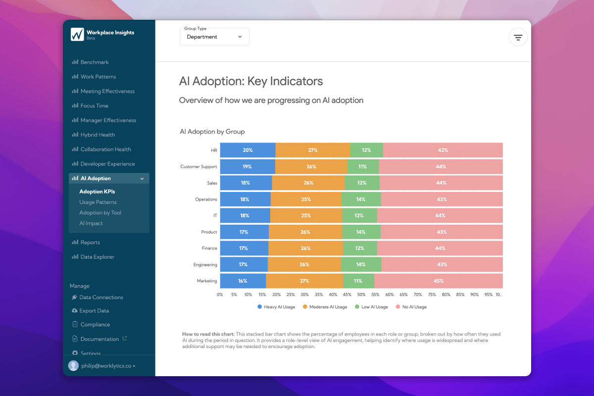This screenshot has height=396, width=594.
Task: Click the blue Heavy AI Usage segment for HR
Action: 247,150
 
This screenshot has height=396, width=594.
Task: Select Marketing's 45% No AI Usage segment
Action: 439,281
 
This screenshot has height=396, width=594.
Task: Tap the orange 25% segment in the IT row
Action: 306,215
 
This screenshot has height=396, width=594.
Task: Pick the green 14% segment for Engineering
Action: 361,264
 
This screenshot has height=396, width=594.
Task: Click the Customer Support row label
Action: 198,167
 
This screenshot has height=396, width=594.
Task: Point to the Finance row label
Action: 209,248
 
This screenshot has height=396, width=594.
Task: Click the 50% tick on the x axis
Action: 361,295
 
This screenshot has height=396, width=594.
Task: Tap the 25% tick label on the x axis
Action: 291,295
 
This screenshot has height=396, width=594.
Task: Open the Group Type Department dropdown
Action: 214,37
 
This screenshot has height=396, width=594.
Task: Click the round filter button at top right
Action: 518,37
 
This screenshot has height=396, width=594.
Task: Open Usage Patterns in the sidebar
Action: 98,202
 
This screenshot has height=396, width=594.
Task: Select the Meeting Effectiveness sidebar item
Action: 107,91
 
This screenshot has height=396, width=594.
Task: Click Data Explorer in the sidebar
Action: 97,257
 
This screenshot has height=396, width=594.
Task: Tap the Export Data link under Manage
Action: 94,311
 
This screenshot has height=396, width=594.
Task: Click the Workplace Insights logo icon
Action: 77,34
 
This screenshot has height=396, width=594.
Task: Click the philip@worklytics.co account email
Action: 106,366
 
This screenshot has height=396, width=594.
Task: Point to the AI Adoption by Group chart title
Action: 212,132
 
